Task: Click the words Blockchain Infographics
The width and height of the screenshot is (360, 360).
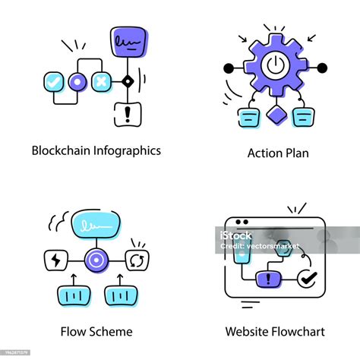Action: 96,150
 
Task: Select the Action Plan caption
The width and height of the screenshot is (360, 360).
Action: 278,153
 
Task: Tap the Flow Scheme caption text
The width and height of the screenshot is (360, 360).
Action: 96,331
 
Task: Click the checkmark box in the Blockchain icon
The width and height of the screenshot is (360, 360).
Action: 52,81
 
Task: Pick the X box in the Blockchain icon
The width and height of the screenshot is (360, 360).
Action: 100,81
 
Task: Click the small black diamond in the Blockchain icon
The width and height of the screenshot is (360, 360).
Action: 127,81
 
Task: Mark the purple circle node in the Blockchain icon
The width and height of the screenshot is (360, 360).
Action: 77,81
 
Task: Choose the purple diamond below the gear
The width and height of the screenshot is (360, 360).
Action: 274,116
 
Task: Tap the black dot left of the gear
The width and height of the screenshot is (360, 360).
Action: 227,68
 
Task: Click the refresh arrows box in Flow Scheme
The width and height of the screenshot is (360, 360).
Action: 137,261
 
